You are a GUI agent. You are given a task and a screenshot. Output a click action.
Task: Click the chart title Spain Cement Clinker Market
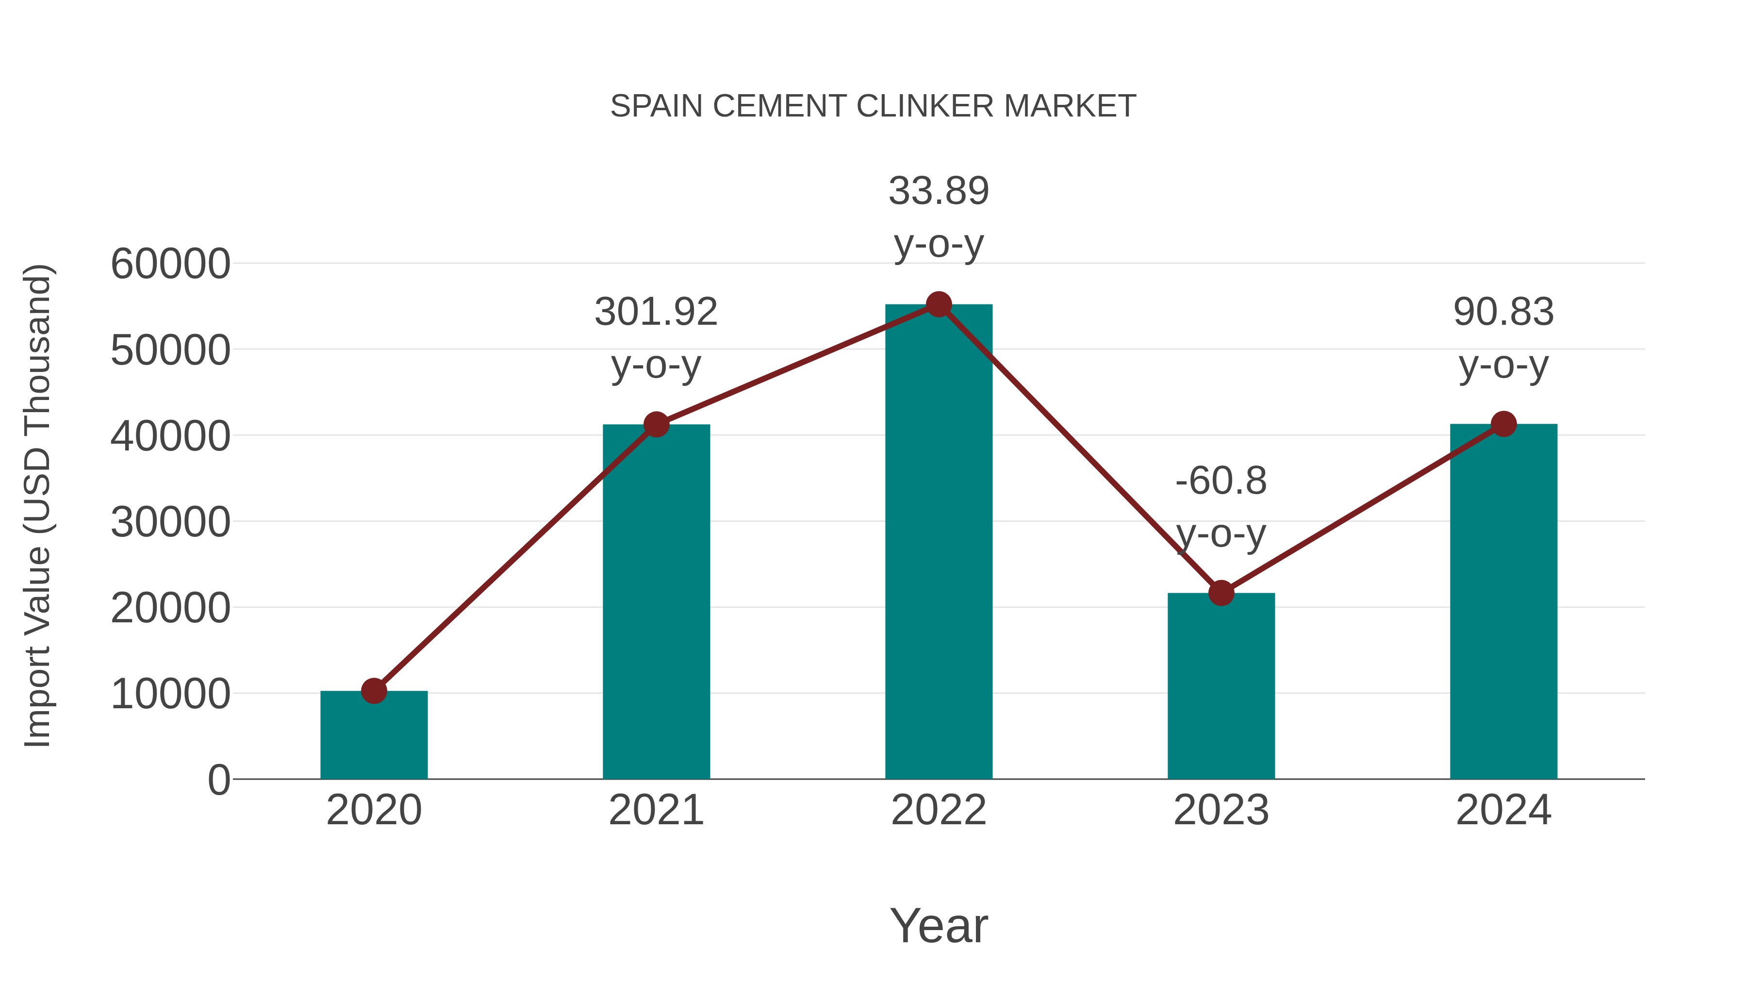873,106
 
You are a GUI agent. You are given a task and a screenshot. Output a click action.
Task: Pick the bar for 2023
1221,685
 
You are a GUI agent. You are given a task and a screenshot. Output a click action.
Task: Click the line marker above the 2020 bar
374,691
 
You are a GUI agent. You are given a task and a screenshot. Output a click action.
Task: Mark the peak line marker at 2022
939,304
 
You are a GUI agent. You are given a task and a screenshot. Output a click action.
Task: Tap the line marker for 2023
1221,593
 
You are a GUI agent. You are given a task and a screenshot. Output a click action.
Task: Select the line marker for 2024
1503,424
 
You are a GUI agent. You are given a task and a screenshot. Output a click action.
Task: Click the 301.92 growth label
656,312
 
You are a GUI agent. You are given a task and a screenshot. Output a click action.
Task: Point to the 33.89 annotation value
939,191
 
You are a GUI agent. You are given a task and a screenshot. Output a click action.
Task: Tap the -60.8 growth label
1221,481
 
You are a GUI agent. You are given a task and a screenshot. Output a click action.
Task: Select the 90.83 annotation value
1503,312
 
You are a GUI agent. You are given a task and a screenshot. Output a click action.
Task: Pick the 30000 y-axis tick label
170,522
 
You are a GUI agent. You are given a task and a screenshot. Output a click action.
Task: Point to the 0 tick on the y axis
218,780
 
